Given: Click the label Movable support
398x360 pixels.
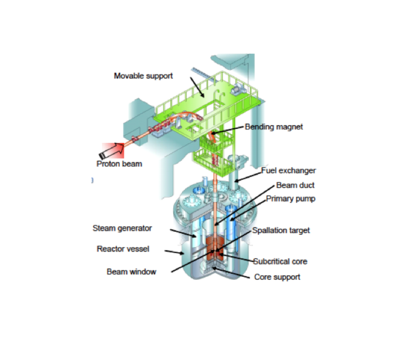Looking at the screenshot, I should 143,76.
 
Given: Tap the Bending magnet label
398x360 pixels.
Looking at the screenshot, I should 273,127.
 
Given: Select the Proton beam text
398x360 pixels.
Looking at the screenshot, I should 119,164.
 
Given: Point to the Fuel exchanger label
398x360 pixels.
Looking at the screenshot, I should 288,170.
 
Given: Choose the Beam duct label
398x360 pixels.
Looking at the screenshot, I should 295,185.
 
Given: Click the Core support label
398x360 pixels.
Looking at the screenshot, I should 277,277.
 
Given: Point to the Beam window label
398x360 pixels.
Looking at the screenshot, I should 131,272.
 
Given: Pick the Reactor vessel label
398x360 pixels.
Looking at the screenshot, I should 123,249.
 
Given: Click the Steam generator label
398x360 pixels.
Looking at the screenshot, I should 122,228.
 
